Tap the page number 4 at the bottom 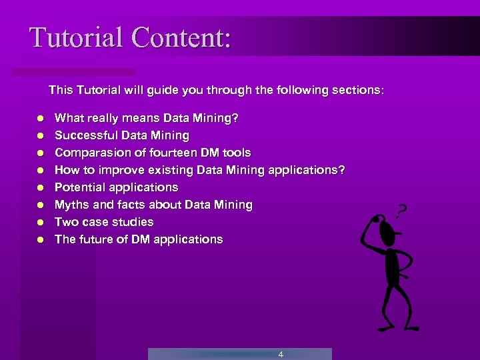pyautogui.click(x=281, y=355)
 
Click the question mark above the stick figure pyautogui.click(x=401, y=212)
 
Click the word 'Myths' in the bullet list pyautogui.click(x=71, y=205)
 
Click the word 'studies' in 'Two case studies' pyautogui.click(x=132, y=222)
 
